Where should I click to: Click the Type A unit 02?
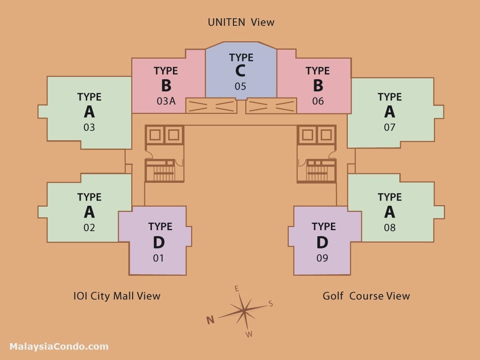pyautogui.click(x=89, y=212)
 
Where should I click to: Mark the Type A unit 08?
pyautogui.click(x=390, y=212)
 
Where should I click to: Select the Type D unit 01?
pyautogui.click(x=158, y=241)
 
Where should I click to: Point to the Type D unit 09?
pyautogui.click(x=322, y=241)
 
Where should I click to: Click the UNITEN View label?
pyautogui.click(x=241, y=22)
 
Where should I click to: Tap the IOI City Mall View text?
pyautogui.click(x=117, y=296)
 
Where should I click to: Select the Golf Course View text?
pyautogui.click(x=366, y=296)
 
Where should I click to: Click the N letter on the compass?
pyautogui.click(x=210, y=320)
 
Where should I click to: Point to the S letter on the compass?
pyautogui.click(x=270, y=304)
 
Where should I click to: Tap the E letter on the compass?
pyautogui.click(x=237, y=288)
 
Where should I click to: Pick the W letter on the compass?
pyautogui.click(x=249, y=334)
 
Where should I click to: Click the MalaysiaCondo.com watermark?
pyautogui.click(x=59, y=347)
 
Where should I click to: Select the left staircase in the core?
pyautogui.click(x=164, y=171)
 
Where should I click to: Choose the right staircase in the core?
pyautogui.click(x=317, y=171)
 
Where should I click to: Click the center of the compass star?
pyautogui.click(x=244, y=310)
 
